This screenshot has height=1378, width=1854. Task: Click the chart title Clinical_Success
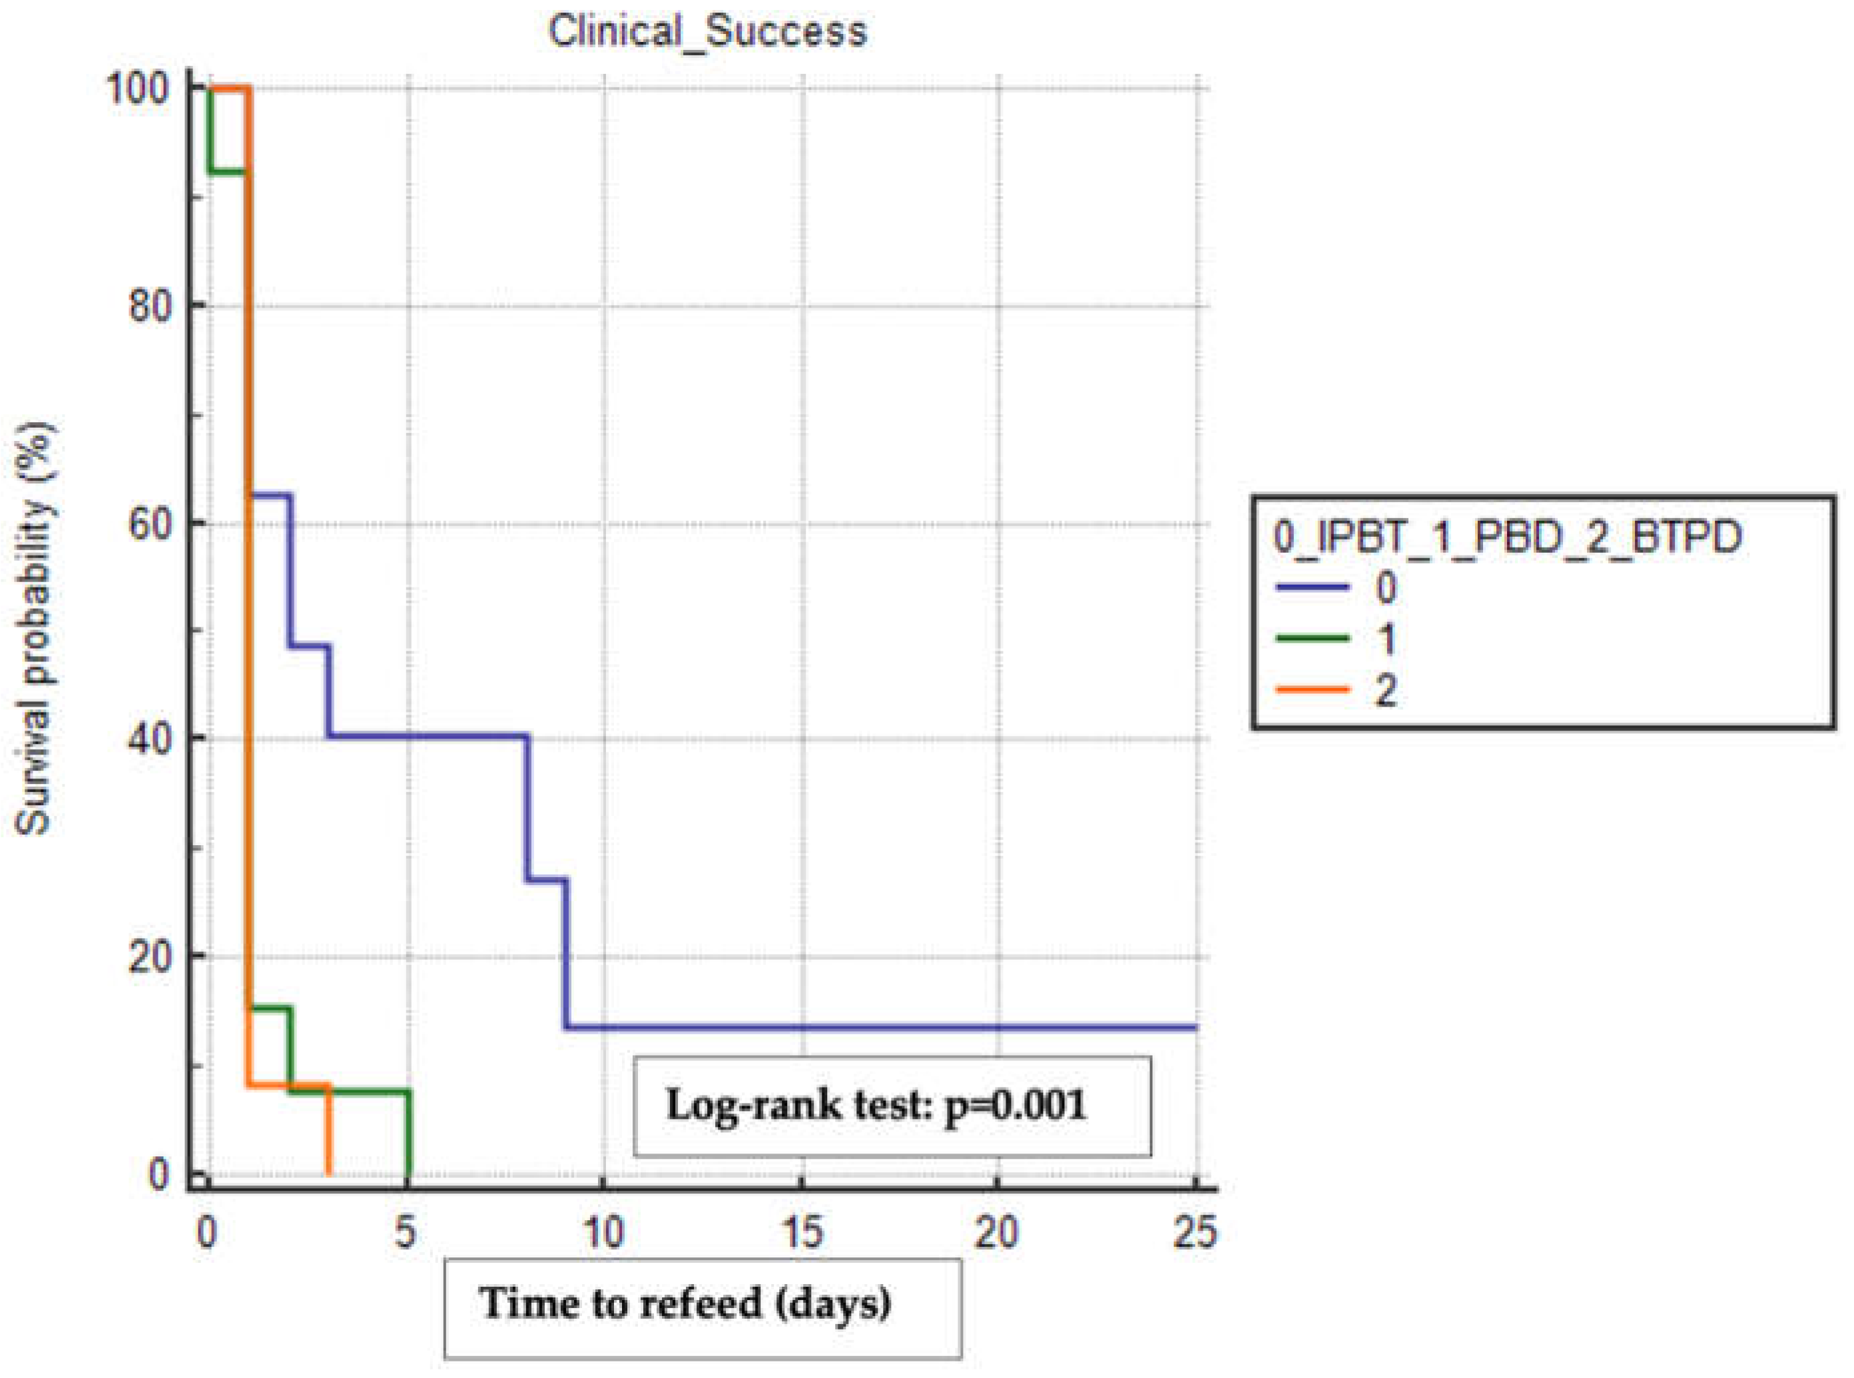pyautogui.click(x=707, y=32)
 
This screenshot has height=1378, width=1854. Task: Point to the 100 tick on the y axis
pyautogui.click(x=143, y=89)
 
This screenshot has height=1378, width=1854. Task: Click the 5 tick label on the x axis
pyautogui.click(x=406, y=1231)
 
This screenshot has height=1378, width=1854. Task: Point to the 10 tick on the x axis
pyautogui.click(x=603, y=1231)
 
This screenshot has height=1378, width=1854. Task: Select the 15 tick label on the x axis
pyautogui.click(x=802, y=1231)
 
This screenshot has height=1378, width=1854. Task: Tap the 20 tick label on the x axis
pyautogui.click(x=998, y=1231)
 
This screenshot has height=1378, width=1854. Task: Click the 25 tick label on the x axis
pyautogui.click(x=1195, y=1231)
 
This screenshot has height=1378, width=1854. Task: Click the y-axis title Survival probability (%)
pyautogui.click(x=35, y=630)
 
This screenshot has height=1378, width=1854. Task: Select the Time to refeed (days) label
pyautogui.click(x=685, y=1302)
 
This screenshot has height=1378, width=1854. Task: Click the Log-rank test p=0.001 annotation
pyautogui.click(x=876, y=1105)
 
